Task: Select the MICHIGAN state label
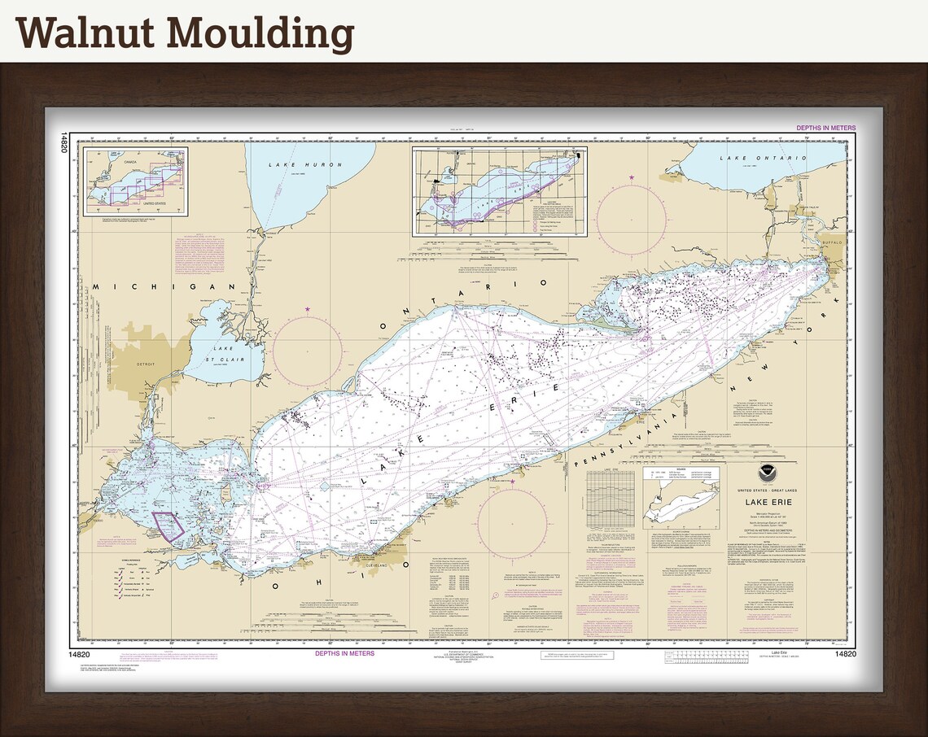[164, 286]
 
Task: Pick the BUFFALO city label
[830, 242]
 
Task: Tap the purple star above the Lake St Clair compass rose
[308, 309]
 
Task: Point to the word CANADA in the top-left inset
[125, 160]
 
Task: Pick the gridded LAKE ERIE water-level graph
[611, 496]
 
